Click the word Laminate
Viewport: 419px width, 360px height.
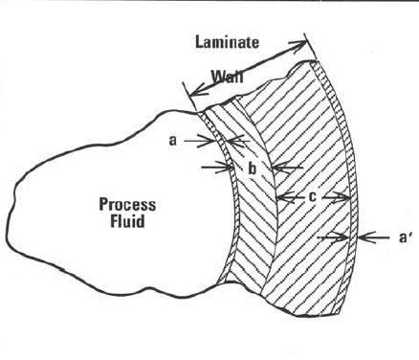(x=227, y=42)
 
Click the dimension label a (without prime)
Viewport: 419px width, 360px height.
(x=172, y=140)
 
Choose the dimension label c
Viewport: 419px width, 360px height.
(x=312, y=197)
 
